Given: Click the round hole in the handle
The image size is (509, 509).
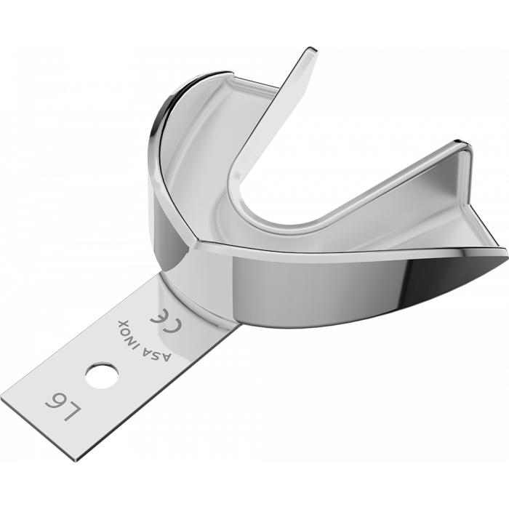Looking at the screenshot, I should pos(94,376).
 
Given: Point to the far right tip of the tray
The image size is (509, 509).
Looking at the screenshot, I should pos(506,251).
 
